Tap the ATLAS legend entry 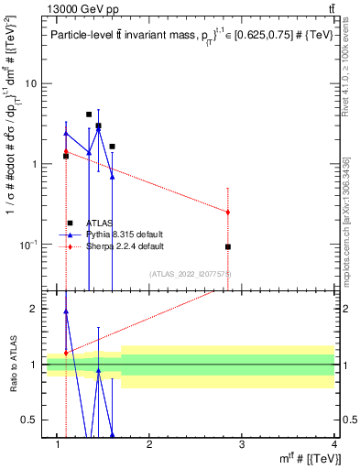pos(101,223)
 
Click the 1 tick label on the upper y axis pos(37,164)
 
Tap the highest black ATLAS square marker pos(89,115)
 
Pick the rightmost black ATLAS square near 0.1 pos(228,246)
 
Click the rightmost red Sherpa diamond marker pos(228,212)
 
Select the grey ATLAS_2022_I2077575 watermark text pos(190,273)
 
